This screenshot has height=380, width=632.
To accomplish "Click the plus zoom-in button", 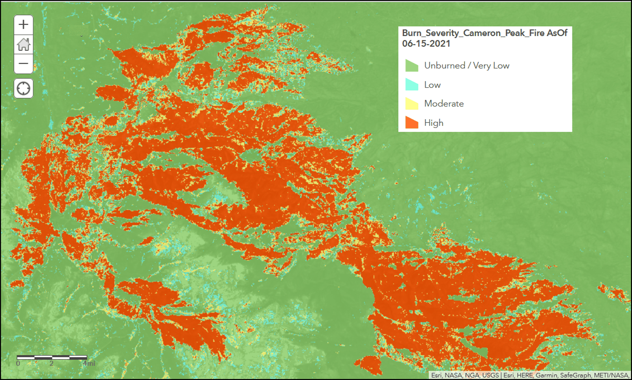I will pos(24,25).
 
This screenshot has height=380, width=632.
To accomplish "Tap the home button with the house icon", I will pos(24,44).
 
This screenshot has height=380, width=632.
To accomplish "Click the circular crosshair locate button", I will pos(24,88).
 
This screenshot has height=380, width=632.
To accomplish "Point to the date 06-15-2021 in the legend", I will pos(426,44).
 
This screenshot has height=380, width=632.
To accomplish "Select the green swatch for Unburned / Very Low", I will pos(412,66).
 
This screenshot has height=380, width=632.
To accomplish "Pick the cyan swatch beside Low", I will pos(412,85).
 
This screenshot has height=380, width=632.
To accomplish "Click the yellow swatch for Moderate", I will pos(412,104).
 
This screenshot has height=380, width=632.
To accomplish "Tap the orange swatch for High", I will pos(412,123).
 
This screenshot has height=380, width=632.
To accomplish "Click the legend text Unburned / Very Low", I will pos(466,66).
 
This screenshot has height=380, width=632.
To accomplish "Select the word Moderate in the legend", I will pos(444,104).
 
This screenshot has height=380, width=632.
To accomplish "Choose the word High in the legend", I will pos(434,123).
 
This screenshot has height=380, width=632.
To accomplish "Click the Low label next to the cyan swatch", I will pos(432,85).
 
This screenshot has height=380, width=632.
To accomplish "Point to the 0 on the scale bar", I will pos(18,363).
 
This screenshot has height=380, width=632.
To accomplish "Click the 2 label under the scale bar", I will pos(52,363).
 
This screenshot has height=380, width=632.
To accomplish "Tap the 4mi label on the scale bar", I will pos(89,363).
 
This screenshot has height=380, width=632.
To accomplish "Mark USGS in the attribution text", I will pos(490,376).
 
